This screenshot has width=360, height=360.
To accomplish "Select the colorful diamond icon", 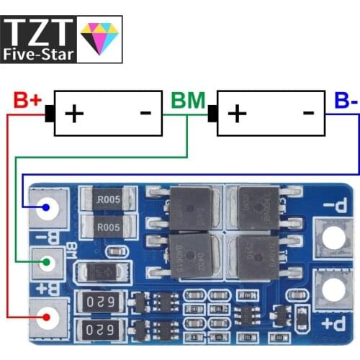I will pyautogui.click(x=100, y=37).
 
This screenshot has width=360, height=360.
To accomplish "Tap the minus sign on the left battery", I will pyautogui.click(x=145, y=112).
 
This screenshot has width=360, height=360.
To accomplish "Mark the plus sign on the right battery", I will pyautogui.click(x=237, y=113).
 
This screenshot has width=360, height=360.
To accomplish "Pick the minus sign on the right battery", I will pyautogui.click(x=308, y=112).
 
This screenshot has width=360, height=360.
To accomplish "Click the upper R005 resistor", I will pyautogui.click(x=109, y=199).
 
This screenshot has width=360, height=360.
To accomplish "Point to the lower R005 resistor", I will pyautogui.click(x=109, y=227).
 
